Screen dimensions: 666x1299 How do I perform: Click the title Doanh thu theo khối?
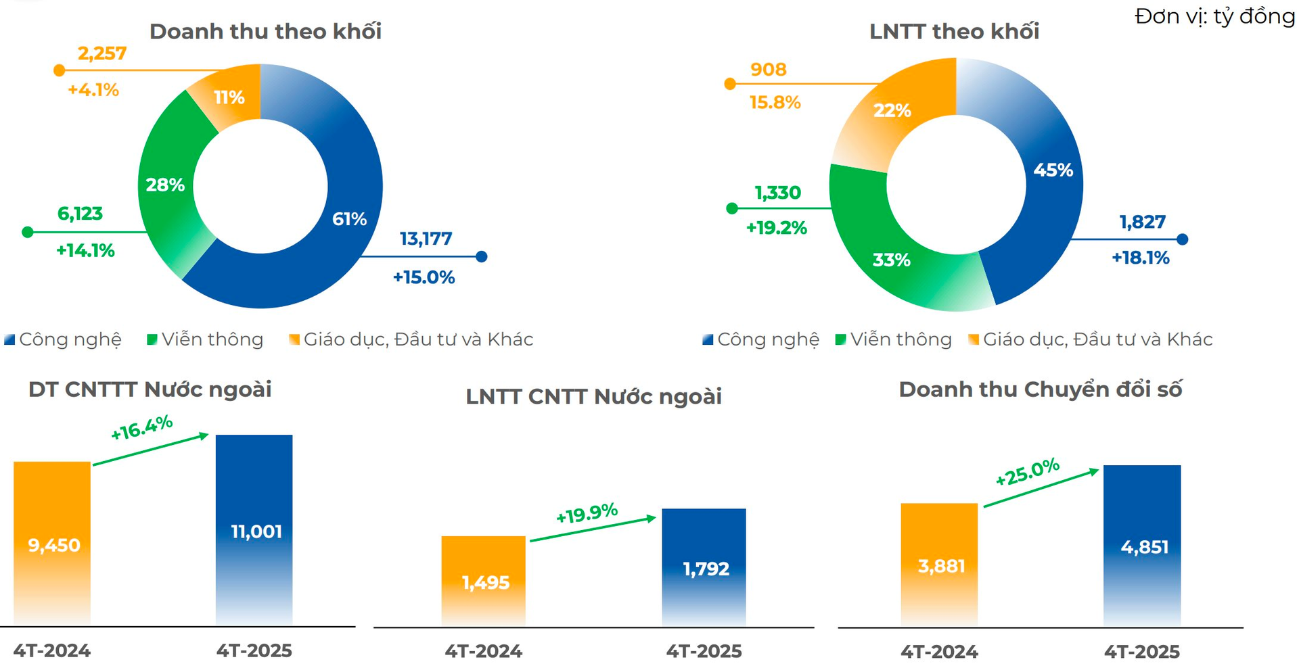pos(265,32)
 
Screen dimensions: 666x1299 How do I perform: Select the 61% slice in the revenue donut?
pos(338,230)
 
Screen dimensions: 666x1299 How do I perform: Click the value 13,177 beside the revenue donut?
pos(426,239)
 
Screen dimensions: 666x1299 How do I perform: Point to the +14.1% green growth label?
pos(85,251)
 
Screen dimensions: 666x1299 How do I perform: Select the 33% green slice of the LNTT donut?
pos(892,260)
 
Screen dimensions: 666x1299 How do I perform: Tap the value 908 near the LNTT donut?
pos(768,70)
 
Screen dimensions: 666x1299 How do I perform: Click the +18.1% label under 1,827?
pos(1140,258)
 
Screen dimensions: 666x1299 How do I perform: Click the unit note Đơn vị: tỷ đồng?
pos(1214,16)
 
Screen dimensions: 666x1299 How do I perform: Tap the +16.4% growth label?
pos(142,427)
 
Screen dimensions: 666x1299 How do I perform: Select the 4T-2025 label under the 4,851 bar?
pos(1142,652)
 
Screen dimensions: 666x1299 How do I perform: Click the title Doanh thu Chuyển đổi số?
pos(1040,390)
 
